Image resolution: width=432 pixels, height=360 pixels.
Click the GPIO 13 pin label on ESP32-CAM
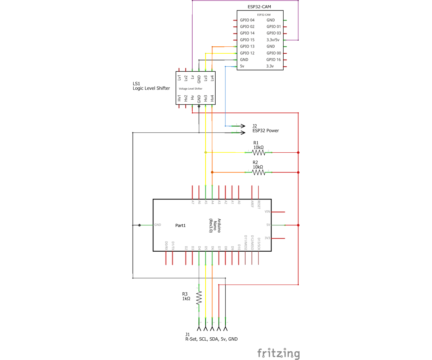pos(247,46)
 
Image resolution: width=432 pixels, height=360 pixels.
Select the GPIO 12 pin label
pos(247,53)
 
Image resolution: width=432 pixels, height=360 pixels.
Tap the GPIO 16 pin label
pos(274,60)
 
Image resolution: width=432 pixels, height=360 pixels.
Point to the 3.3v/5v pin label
pos(275,40)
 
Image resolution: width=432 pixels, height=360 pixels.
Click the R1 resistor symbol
pos(258,153)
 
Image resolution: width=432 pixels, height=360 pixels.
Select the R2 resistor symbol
pos(258,172)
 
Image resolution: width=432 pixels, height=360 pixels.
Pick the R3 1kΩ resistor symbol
pos(199,297)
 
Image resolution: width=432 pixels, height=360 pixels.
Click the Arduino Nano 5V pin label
pos(268,225)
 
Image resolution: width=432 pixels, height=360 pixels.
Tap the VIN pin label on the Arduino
pos(267,212)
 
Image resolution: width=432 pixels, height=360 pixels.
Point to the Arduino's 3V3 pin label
pos(267,238)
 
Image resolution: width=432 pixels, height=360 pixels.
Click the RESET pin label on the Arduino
pos(258,204)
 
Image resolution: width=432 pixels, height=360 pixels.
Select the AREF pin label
pos(252,204)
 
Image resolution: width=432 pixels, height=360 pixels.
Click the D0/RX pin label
pos(166,246)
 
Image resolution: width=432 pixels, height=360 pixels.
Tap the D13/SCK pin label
pos(258,243)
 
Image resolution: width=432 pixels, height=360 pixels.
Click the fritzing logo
pos(278,354)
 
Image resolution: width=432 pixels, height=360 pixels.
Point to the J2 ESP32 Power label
pos(265,129)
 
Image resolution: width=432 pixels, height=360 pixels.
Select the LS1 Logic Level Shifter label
pos(151,86)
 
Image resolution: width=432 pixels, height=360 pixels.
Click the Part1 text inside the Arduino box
pos(180,225)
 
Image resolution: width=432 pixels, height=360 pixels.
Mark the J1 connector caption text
pos(211,337)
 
